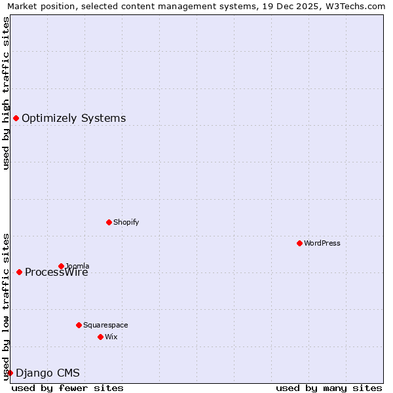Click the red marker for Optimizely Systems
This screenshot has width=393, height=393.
click(x=16, y=118)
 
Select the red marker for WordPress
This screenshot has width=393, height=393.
click(x=299, y=243)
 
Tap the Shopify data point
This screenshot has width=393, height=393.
click(x=109, y=222)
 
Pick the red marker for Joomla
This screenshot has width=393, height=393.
click(x=61, y=266)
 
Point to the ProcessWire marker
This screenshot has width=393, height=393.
click(x=19, y=272)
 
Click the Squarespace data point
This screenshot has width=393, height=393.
click(x=79, y=325)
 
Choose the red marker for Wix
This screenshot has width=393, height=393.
click(x=100, y=337)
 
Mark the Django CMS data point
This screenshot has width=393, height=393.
click(x=10, y=373)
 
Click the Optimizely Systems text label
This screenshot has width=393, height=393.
click(x=73, y=119)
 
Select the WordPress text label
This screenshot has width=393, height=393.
click(x=322, y=243)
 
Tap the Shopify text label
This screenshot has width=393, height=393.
click(x=126, y=222)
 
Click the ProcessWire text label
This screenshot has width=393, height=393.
click(x=56, y=272)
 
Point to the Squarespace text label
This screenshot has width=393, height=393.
click(x=105, y=325)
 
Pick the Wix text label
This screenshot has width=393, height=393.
click(x=111, y=337)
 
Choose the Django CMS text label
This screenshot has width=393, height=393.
click(x=47, y=373)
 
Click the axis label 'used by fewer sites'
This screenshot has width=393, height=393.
click(x=67, y=388)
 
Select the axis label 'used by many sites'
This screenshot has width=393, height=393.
click(x=329, y=388)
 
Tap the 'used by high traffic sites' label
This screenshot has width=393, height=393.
click(x=6, y=93)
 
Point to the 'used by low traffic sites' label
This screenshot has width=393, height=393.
click(x=6, y=306)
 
